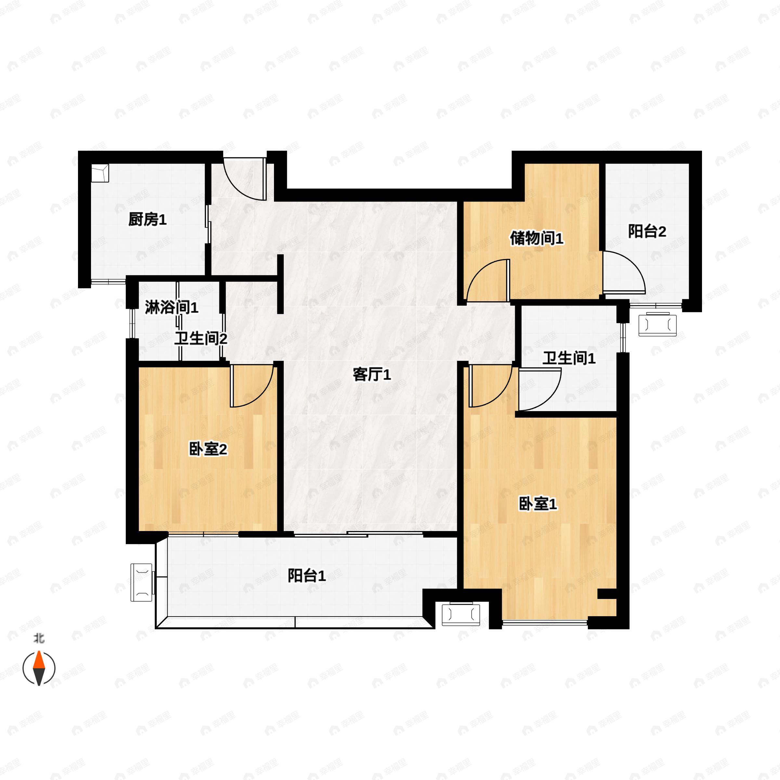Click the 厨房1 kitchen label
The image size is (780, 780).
pyautogui.click(x=147, y=220)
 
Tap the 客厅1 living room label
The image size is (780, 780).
pyautogui.click(x=371, y=375)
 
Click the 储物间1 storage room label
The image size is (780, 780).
pyautogui.click(x=536, y=238)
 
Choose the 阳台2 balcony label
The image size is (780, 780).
pyautogui.click(x=647, y=231)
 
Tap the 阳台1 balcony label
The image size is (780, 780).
pyautogui.click(x=306, y=576)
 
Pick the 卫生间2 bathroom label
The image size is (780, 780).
pyautogui.click(x=201, y=338)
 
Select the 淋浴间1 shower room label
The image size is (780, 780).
pyautogui.click(x=172, y=308)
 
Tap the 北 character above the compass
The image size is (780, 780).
pyautogui.click(x=39, y=639)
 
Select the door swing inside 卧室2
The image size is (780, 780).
pyautogui.click(x=250, y=385)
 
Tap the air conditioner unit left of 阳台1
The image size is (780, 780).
pyautogui.click(x=142, y=582)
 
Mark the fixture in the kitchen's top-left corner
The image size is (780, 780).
pyautogui.click(x=100, y=173)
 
